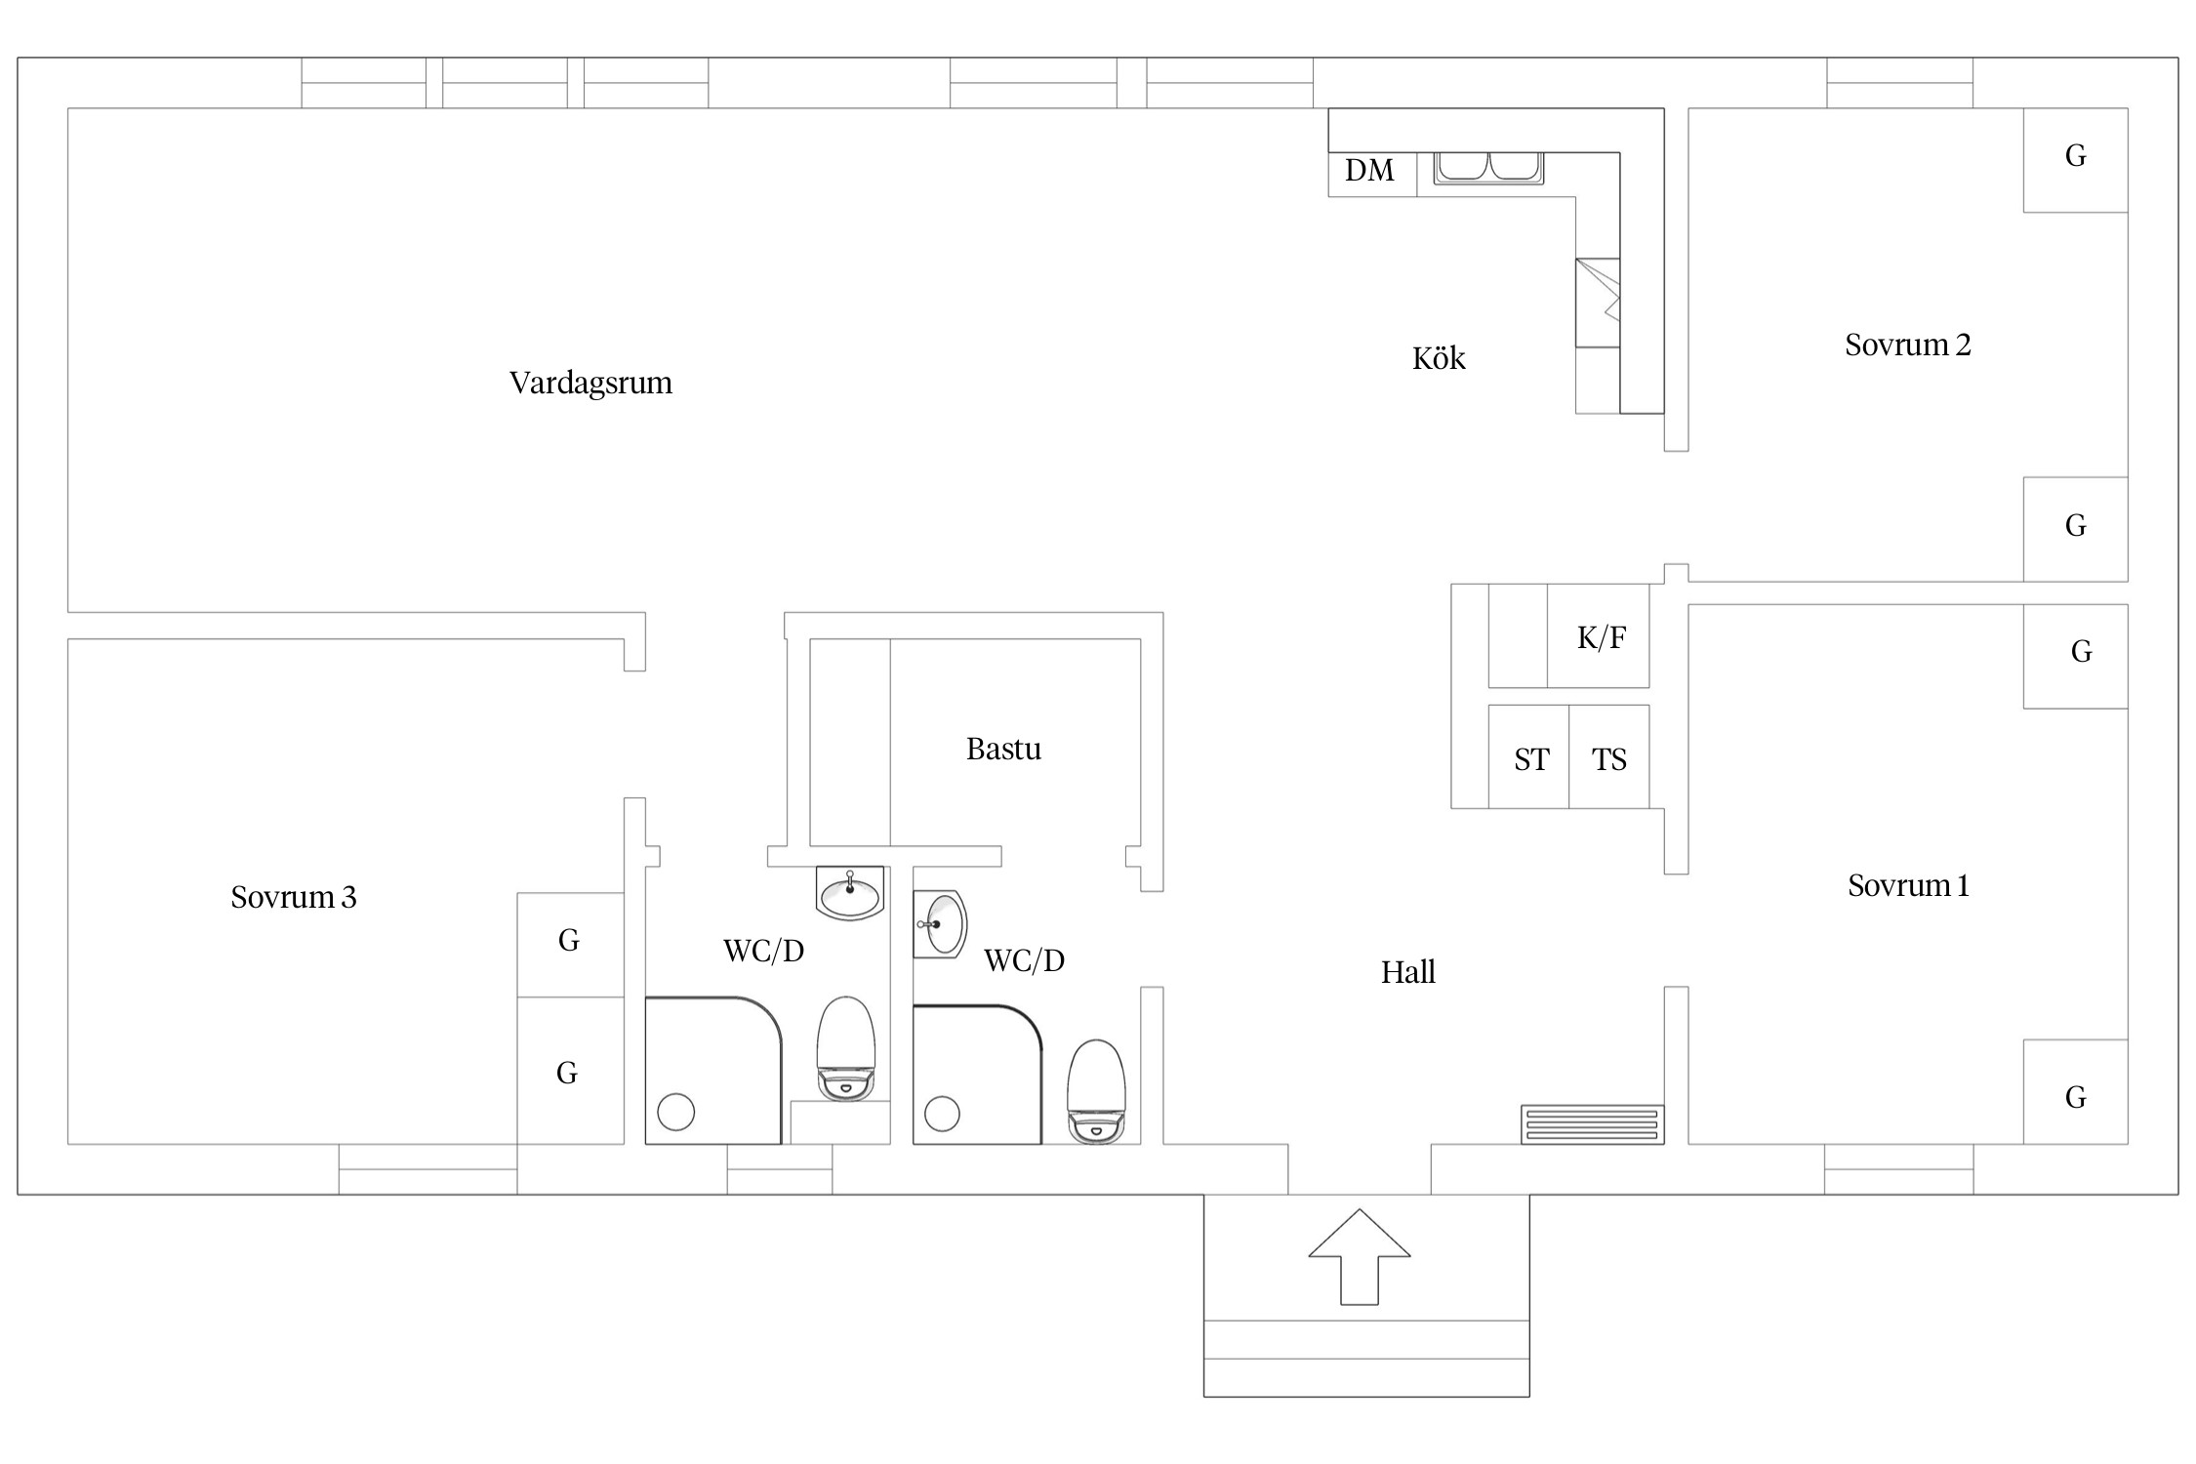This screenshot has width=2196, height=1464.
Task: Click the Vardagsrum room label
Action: click(590, 383)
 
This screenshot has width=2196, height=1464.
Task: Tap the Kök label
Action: click(1439, 358)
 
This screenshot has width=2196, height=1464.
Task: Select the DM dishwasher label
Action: click(1369, 171)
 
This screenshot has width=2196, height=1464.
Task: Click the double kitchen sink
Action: click(1488, 168)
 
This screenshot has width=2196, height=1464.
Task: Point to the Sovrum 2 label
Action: click(1907, 345)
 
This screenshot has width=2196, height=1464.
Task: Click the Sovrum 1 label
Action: click(1908, 885)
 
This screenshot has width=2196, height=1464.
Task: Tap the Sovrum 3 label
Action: click(294, 897)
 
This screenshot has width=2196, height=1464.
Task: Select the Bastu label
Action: click(1003, 749)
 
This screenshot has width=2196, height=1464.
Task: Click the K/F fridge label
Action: click(1602, 637)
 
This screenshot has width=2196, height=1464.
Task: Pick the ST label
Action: click(1531, 759)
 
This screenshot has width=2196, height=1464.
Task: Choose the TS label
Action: click(1609, 759)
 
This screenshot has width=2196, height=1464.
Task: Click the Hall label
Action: click(1407, 972)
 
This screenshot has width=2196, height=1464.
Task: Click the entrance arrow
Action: click(1360, 1256)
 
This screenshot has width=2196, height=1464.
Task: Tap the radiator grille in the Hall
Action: click(1592, 1123)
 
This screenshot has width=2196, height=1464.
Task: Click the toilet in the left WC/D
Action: click(846, 1049)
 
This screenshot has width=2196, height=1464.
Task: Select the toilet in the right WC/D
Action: click(1097, 1091)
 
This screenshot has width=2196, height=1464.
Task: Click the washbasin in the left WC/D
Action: click(849, 893)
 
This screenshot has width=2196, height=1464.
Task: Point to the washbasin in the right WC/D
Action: click(941, 923)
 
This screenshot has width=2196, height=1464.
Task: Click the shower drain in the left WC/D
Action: click(676, 1112)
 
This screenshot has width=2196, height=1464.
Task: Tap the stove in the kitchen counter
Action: click(1598, 303)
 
